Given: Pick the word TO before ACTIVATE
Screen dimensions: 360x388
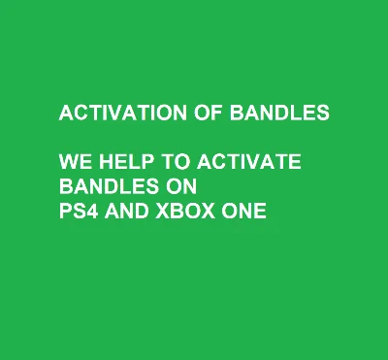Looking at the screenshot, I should [171, 161].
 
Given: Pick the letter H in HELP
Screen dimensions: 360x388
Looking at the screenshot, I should [105, 161].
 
